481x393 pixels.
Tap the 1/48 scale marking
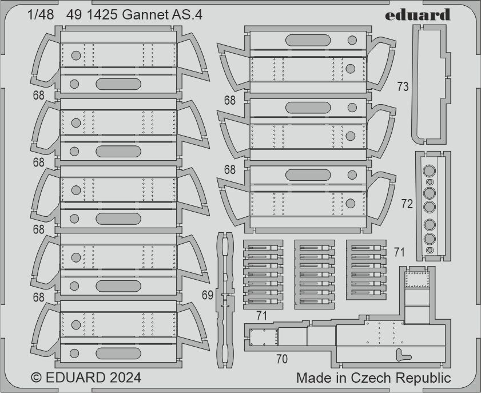[x=43, y=16]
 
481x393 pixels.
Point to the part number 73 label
[x=403, y=87]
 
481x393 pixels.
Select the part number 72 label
[x=407, y=204]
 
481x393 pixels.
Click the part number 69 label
[x=208, y=295]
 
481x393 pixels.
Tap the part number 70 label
[x=281, y=359]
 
